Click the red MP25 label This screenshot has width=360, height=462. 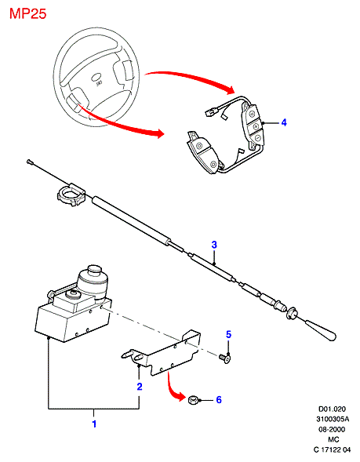pyautogui.click(x=28, y=14)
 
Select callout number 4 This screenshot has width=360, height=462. pyautogui.click(x=284, y=122)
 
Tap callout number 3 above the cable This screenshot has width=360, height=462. pyautogui.click(x=214, y=245)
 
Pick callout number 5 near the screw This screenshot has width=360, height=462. pyautogui.click(x=228, y=334)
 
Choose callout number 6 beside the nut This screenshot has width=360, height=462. pyautogui.click(x=219, y=400)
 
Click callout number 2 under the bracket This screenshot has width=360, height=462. pyautogui.click(x=140, y=387)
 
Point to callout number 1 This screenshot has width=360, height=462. pyautogui.click(x=94, y=424)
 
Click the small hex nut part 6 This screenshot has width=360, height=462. pyautogui.click(x=193, y=400)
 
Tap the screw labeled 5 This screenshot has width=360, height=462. pyautogui.click(x=224, y=358)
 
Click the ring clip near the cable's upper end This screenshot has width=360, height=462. pyautogui.click(x=71, y=195)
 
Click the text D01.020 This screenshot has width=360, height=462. pyautogui.click(x=332, y=409)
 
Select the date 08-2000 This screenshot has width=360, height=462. pyautogui.click(x=332, y=429)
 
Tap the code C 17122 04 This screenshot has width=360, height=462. pyautogui.click(x=332, y=449)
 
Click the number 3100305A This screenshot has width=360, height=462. pyautogui.click(x=333, y=419)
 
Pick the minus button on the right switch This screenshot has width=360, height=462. pyautogui.click(x=257, y=138)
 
